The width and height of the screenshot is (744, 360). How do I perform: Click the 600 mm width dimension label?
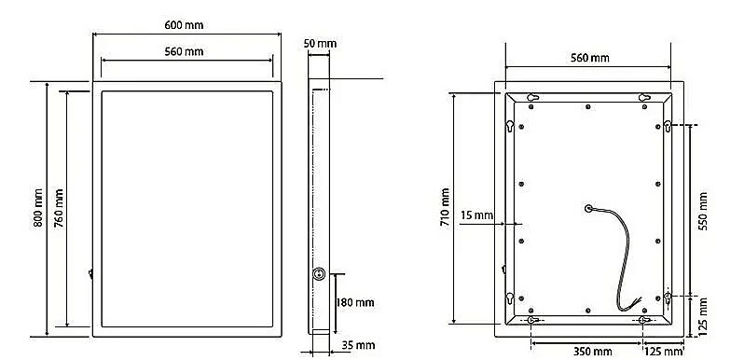pos(184,25)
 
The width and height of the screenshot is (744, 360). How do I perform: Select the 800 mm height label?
pos(38,208)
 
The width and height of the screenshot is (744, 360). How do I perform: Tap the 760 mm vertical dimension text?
pos(59,208)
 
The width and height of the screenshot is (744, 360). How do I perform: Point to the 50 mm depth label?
pos(320,44)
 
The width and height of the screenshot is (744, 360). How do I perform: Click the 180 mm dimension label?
pos(355,302)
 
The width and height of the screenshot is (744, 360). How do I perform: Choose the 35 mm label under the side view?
pos(358,345)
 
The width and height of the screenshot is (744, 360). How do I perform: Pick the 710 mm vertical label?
pos(445,208)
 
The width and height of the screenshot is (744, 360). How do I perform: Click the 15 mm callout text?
pos(476,215)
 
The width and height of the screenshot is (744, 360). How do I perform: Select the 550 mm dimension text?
pos(703,212)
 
